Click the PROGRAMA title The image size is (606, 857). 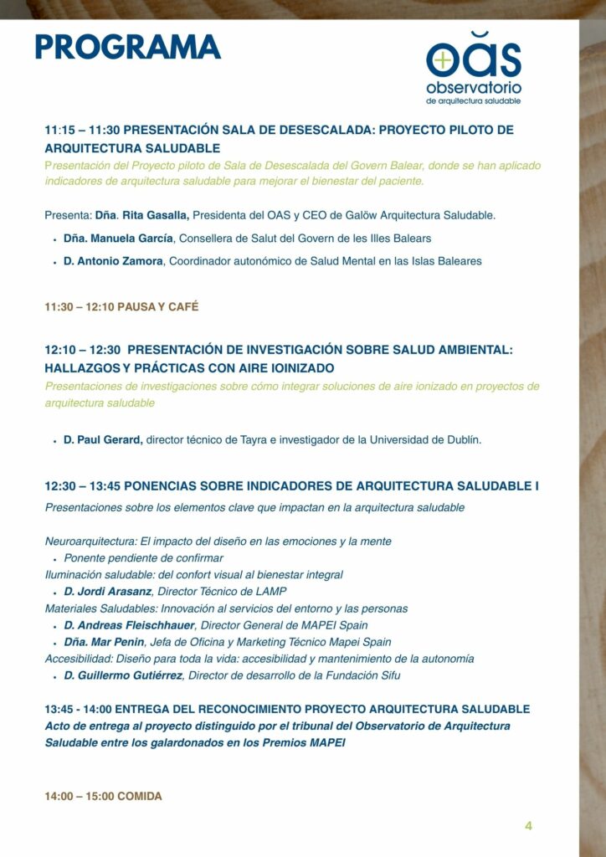[x=127, y=47]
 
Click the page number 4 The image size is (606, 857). [x=528, y=826]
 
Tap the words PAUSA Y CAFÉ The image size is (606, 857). [x=158, y=307]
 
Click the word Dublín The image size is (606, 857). [x=460, y=439]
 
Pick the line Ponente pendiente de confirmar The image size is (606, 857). [x=144, y=558]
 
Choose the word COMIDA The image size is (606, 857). [x=140, y=797]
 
